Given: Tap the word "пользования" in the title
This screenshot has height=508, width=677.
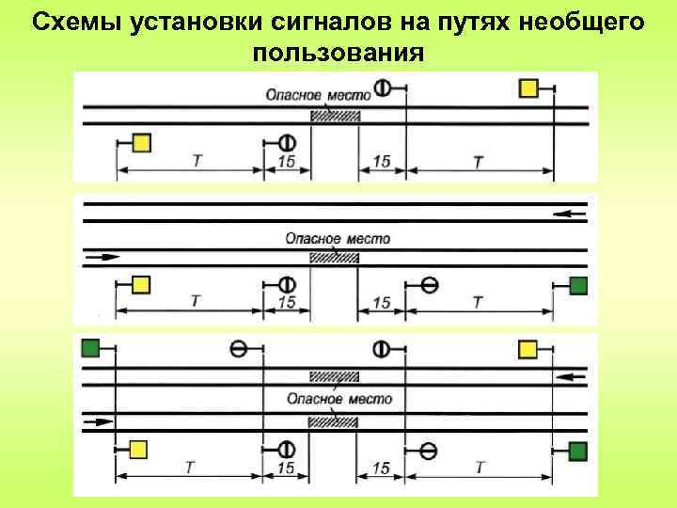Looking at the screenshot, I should pos(335,51).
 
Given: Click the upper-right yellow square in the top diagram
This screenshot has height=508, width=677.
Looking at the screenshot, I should pos(528,87).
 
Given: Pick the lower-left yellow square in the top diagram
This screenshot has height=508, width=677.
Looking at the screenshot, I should pos(141,142).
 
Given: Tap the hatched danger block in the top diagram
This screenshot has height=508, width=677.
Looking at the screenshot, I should pos(336,115).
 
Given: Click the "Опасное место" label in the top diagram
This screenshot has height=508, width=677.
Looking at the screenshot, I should pos(317,94).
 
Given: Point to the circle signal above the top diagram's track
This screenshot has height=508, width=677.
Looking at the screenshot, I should pos(383,87).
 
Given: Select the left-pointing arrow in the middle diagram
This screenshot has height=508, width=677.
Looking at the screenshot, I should pos(569,214).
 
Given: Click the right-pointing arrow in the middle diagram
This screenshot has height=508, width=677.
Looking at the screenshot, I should pos(103,255).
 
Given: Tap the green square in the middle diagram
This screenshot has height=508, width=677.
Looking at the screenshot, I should pos(578,284).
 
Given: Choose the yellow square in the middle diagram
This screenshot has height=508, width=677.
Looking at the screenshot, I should pos(141,284).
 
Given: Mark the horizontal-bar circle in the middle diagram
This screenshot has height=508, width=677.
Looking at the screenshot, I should pos(429,284).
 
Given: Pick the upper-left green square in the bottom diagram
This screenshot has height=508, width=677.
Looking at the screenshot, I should pos(91,348).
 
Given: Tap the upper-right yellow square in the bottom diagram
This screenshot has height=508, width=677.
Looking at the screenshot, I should pos(528,349).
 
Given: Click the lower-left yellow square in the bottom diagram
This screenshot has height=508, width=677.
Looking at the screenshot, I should pos(138,448).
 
